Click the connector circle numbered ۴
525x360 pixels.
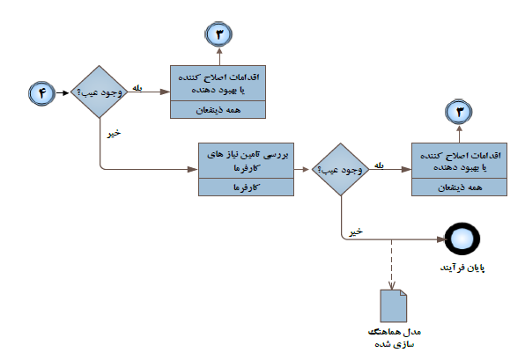(42, 93)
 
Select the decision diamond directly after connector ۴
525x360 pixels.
(100, 92)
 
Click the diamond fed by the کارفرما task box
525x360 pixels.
(341, 169)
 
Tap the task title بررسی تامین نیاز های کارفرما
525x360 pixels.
(248, 161)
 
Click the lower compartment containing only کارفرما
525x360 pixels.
(246, 187)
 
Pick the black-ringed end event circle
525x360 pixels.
(462, 239)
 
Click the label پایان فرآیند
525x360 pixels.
(462, 268)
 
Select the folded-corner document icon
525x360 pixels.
(394, 305)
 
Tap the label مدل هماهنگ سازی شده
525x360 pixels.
(395, 338)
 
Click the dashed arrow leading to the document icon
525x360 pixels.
(391, 264)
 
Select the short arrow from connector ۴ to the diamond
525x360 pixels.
(63, 92)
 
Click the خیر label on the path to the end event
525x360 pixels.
(356, 231)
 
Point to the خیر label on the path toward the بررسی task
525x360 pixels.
(114, 134)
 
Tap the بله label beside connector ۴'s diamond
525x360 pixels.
(137, 88)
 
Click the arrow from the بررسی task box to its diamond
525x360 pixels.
(301, 170)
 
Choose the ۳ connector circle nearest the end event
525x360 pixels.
(459, 112)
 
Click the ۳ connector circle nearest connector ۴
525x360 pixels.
(219, 34)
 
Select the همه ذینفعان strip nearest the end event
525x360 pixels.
(459, 187)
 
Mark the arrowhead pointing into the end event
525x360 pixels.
(441, 239)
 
